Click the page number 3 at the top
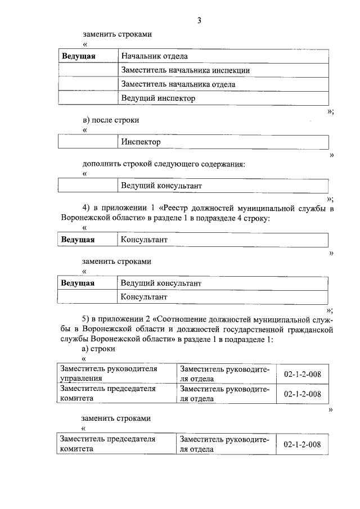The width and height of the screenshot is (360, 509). tap(199, 21)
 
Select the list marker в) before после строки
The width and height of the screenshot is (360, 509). tap(86, 120)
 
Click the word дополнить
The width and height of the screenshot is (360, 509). tap(100, 164)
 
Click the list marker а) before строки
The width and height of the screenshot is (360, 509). tap(86, 349)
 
